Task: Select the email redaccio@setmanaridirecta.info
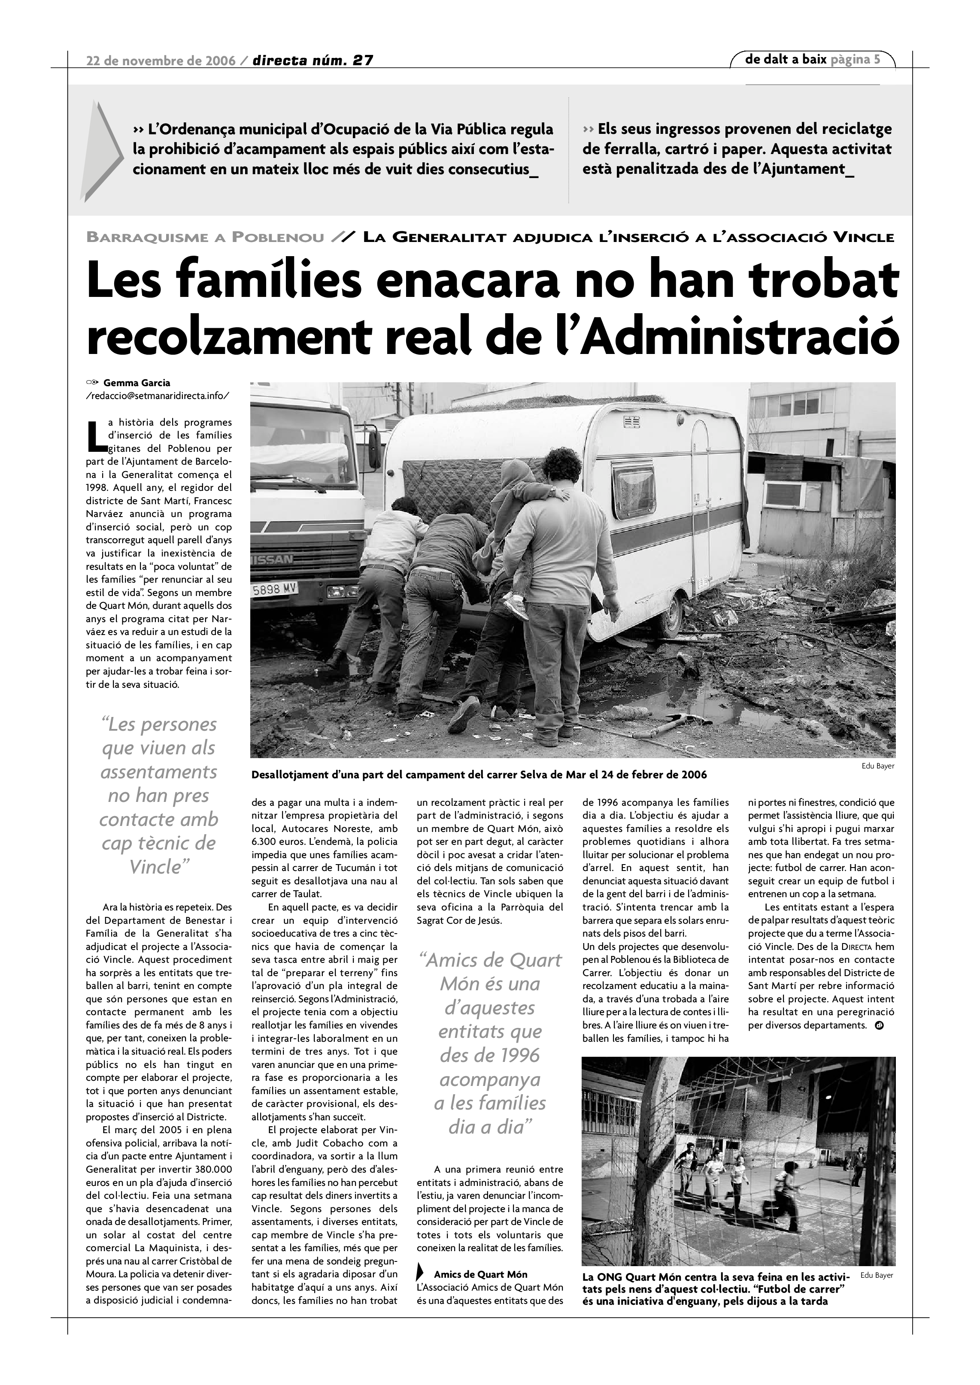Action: click(x=158, y=396)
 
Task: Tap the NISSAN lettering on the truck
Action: click(x=272, y=559)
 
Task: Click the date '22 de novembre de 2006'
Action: click(x=161, y=61)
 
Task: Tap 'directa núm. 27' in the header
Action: click(x=313, y=61)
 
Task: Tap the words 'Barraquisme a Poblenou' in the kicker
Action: click(x=205, y=237)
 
